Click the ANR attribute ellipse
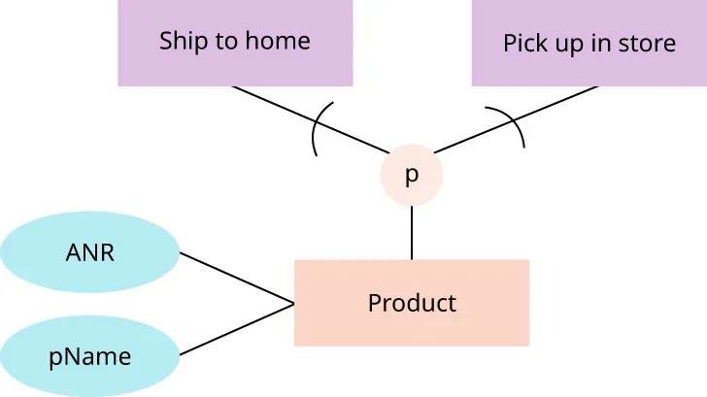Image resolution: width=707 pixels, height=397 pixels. pos(89,252)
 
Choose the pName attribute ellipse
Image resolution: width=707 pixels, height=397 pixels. pos(89,356)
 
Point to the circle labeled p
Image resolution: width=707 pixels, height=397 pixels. pos(412,176)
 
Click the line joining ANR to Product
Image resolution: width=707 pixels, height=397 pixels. pos(237,279)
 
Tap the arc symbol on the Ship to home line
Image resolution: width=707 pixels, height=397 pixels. pos(317,131)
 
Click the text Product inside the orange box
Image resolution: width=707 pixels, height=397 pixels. pos(412,303)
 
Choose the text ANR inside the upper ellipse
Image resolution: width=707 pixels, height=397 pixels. pos(89,252)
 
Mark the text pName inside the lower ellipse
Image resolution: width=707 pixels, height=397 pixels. pos(89,357)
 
